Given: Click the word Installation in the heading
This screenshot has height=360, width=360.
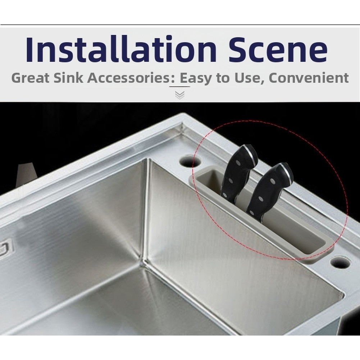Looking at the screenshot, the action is [x=121, y=49].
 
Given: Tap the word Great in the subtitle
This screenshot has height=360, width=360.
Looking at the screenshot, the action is [x=30, y=78].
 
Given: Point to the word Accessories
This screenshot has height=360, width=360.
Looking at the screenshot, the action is [x=128, y=78].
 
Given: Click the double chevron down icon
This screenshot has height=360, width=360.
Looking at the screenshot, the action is [x=180, y=95].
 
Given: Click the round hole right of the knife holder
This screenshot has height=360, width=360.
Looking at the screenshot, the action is [x=341, y=263].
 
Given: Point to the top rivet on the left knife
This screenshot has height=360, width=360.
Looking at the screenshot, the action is [x=238, y=163].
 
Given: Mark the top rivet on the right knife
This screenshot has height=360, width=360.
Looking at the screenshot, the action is [x=273, y=181].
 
